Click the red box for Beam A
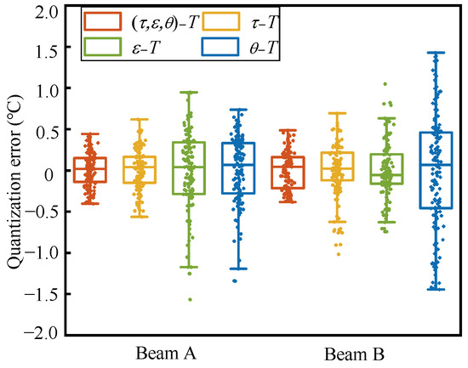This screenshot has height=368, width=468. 89,170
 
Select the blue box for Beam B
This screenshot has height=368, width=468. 436,170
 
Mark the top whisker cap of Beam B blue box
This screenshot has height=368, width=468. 436,53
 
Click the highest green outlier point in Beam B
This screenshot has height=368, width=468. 385,84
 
